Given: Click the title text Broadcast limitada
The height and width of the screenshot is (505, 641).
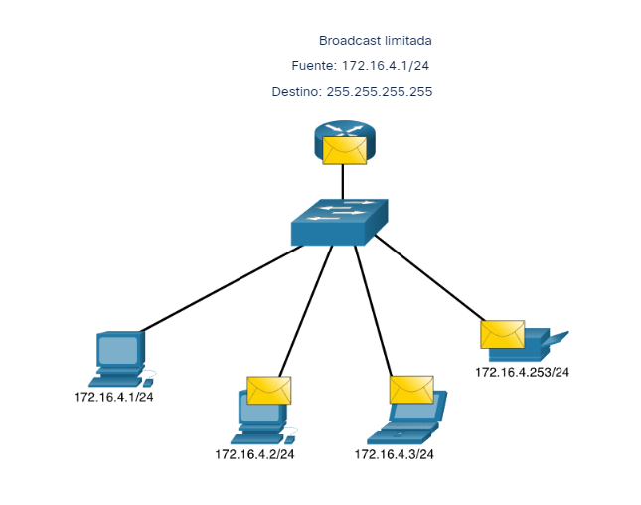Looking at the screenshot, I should point(375,41).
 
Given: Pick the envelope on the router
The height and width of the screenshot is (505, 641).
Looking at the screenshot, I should point(344,150).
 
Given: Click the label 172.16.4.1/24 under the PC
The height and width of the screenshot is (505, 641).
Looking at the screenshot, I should point(118,397).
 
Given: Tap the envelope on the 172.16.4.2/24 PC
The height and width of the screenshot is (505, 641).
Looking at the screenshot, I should point(268,390).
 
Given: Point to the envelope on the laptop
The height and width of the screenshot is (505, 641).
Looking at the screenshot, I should point(411,389).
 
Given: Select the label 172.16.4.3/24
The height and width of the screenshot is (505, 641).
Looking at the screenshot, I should point(395,454).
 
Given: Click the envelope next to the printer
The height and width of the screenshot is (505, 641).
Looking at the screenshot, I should point(502,334).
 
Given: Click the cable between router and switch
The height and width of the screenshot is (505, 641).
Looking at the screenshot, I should point(343,181).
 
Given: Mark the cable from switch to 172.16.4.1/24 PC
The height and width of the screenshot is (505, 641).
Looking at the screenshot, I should point(224,288).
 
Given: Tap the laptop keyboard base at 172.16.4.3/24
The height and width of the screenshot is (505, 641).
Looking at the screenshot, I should point(402,433).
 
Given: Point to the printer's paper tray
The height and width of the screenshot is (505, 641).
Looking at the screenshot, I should point(557,338).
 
